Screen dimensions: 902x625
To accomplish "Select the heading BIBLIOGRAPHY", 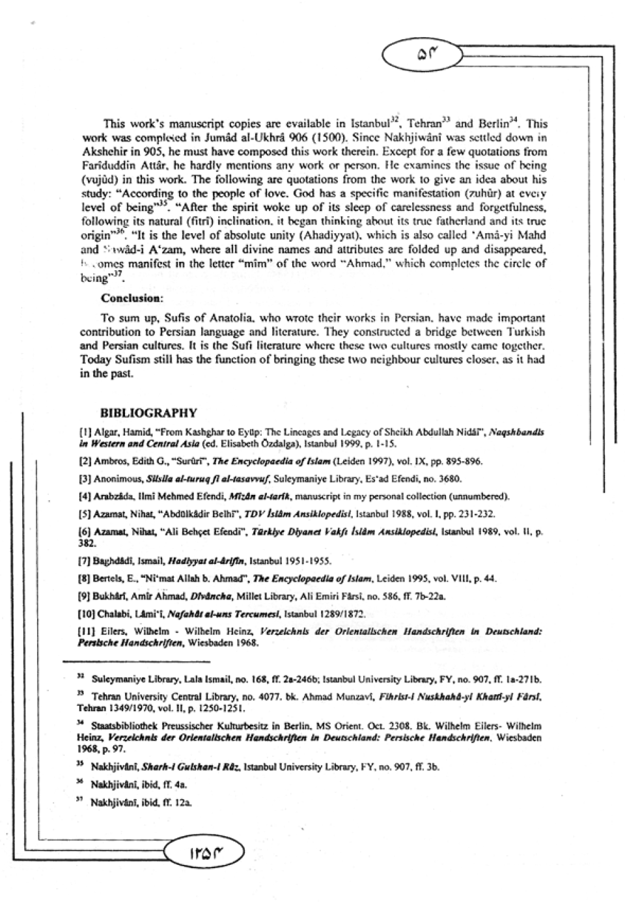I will tap(148, 413).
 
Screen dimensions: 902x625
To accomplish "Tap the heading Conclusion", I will tap(132, 298).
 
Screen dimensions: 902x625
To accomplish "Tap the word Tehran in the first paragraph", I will tap(424, 124).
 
